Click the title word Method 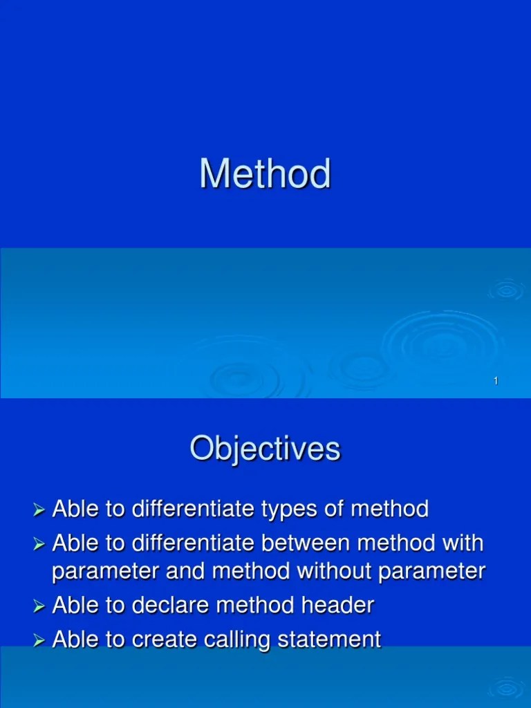(265, 174)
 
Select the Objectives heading (265, 449)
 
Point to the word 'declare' (171, 606)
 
